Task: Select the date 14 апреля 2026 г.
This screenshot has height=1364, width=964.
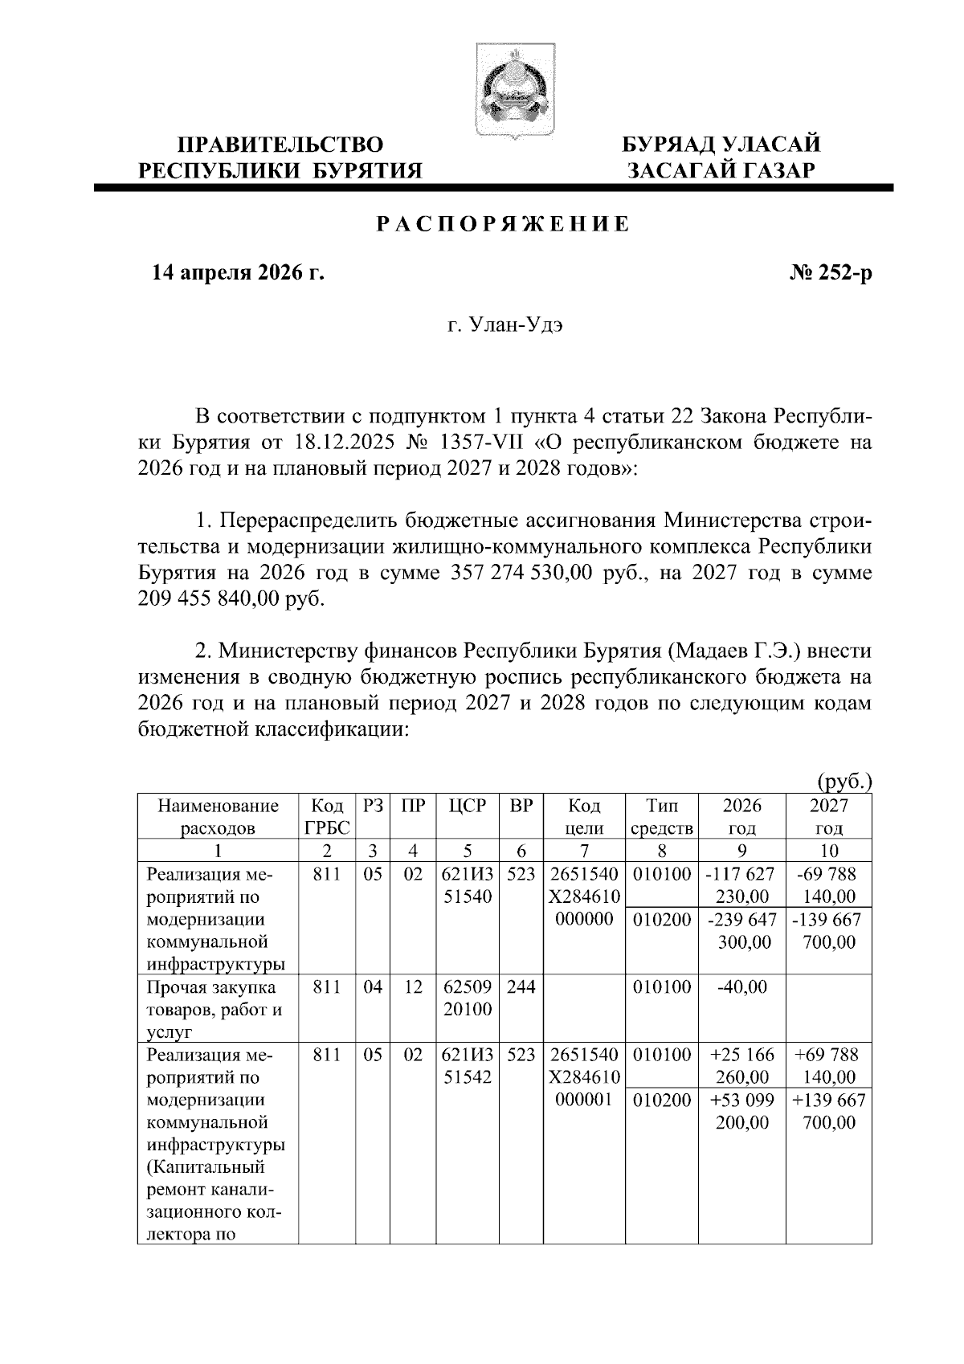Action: tap(238, 274)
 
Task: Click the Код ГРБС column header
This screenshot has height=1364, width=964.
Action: tap(326, 817)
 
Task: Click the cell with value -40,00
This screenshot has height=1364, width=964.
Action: tap(741, 987)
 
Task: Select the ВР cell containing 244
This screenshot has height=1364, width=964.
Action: tap(521, 987)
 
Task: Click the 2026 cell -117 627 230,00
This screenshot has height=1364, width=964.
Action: tap(741, 885)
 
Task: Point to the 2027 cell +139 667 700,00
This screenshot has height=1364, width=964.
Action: tap(828, 1111)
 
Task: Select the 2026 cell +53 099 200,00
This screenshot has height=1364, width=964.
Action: tap(741, 1111)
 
